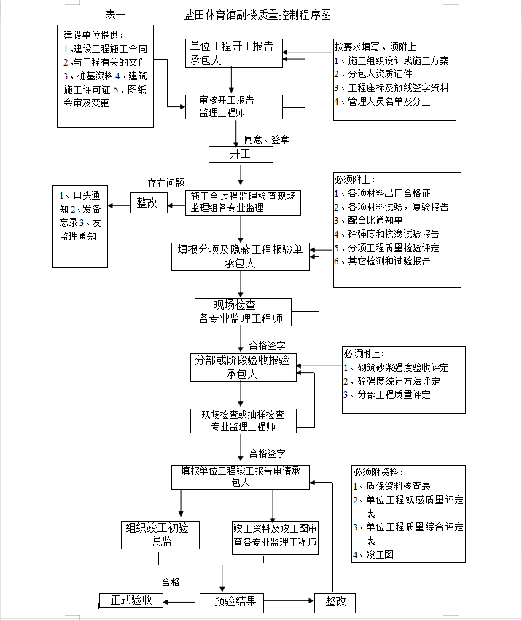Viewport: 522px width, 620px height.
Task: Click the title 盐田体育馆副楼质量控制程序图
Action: tap(257, 15)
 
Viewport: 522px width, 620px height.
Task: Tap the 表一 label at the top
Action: tap(115, 15)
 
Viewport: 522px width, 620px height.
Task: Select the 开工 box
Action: tap(241, 154)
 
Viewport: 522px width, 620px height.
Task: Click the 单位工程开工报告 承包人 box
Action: tap(234, 53)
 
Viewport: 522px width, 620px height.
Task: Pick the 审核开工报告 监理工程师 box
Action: tap(234, 107)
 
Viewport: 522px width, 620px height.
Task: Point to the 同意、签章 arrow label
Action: tap(266, 139)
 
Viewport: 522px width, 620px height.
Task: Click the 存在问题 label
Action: tap(165, 183)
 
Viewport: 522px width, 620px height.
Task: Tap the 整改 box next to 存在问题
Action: tap(149, 203)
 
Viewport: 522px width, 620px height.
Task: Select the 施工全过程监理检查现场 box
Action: tap(243, 203)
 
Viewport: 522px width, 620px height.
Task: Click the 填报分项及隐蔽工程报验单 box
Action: tap(241, 256)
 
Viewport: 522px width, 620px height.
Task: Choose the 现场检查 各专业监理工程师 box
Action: tap(243, 312)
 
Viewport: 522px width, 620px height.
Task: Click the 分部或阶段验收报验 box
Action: tap(243, 367)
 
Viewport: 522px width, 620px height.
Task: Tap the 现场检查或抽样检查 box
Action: tap(243, 420)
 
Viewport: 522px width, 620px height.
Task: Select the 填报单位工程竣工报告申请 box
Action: tap(241, 477)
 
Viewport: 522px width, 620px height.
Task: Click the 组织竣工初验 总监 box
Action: tap(160, 535)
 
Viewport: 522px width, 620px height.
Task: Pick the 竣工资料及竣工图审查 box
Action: tap(275, 538)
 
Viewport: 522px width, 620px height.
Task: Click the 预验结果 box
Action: tap(232, 603)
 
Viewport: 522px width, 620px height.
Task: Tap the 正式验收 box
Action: tap(130, 600)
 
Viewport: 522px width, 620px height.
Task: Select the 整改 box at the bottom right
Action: tap(335, 603)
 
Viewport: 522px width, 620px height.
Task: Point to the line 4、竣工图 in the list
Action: tap(373, 554)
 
